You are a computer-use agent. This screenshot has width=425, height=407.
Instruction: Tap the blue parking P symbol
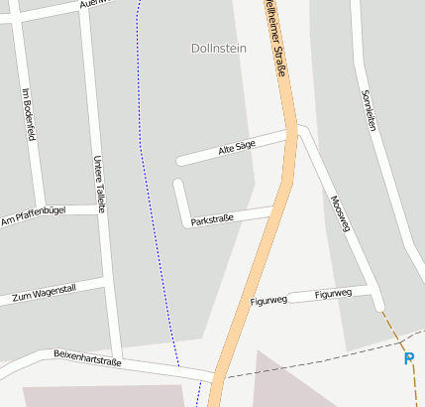[409, 358]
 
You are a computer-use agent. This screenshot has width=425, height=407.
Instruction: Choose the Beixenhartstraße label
[87, 358]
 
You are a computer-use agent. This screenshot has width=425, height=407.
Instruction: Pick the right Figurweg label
[333, 294]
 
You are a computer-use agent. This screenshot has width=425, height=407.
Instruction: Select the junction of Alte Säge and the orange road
[292, 130]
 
